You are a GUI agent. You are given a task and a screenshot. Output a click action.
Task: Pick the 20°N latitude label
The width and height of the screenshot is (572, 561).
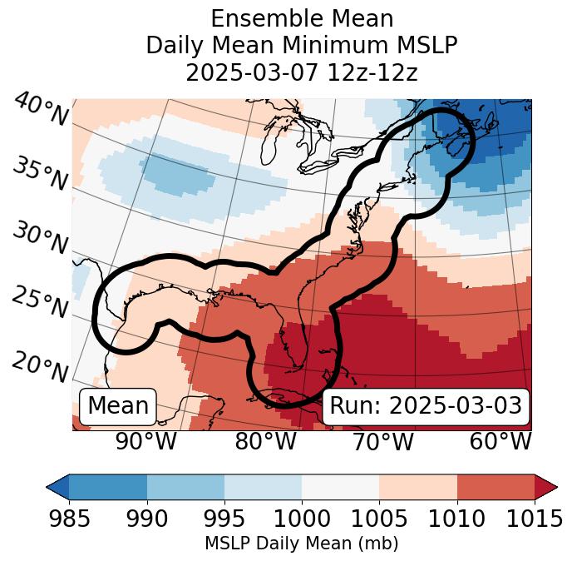40,366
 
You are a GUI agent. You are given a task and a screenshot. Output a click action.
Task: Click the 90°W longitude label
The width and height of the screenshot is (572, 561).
145,442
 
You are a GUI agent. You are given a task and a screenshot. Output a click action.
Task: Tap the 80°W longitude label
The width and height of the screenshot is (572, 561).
265,442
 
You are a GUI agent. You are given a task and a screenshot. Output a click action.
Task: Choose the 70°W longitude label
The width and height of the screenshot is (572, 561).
382,442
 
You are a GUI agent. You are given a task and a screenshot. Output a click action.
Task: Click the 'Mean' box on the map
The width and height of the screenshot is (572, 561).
118,406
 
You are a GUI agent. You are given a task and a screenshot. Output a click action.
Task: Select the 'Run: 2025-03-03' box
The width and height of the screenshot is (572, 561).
426,406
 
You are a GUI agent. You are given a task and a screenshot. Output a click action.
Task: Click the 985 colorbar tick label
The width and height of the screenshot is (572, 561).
69,519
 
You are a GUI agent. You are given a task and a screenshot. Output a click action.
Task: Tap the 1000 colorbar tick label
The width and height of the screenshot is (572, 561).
302,519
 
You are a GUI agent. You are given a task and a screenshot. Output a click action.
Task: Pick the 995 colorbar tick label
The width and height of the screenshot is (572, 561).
224,519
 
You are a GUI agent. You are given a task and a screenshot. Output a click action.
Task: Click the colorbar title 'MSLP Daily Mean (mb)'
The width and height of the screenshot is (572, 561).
302,544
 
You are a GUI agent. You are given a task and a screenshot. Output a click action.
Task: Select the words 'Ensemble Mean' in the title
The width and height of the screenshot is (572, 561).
302,18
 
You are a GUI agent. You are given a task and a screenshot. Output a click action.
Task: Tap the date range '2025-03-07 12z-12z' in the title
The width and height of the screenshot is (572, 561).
302,72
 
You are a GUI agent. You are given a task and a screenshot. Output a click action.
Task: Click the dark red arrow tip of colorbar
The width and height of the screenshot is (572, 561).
547,487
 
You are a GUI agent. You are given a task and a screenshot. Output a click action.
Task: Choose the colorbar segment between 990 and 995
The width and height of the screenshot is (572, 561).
185,487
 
